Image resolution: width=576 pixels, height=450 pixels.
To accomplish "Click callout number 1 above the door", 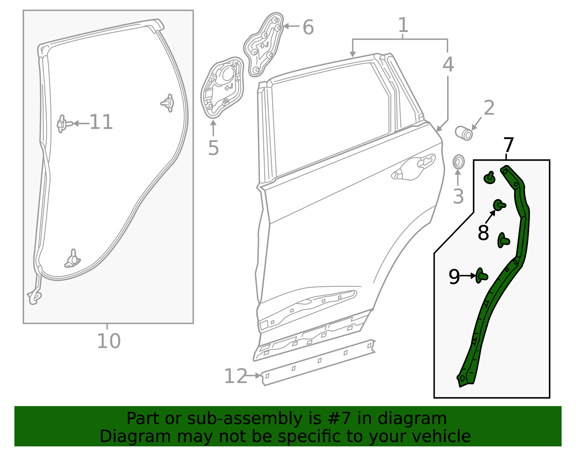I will (403, 25).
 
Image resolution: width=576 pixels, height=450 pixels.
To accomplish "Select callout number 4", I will (448, 64).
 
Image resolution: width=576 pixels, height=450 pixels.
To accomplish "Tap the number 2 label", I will (489, 108).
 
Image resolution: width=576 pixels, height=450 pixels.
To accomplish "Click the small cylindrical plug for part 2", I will (464, 133).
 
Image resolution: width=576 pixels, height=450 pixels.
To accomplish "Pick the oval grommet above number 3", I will (458, 162).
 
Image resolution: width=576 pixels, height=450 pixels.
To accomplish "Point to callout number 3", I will (458, 196).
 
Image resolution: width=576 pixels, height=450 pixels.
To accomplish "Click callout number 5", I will (213, 148).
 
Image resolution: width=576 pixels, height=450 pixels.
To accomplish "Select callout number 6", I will (308, 27).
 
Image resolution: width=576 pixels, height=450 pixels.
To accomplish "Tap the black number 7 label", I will (508, 145).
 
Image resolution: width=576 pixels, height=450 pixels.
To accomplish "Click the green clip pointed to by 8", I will (499, 205).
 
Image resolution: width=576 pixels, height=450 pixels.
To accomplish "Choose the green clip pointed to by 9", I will (481, 276).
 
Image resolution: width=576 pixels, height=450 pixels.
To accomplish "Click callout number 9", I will (454, 277).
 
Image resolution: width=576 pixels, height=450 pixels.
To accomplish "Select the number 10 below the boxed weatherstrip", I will (109, 341).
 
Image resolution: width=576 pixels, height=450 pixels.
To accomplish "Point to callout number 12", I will (235, 376).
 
